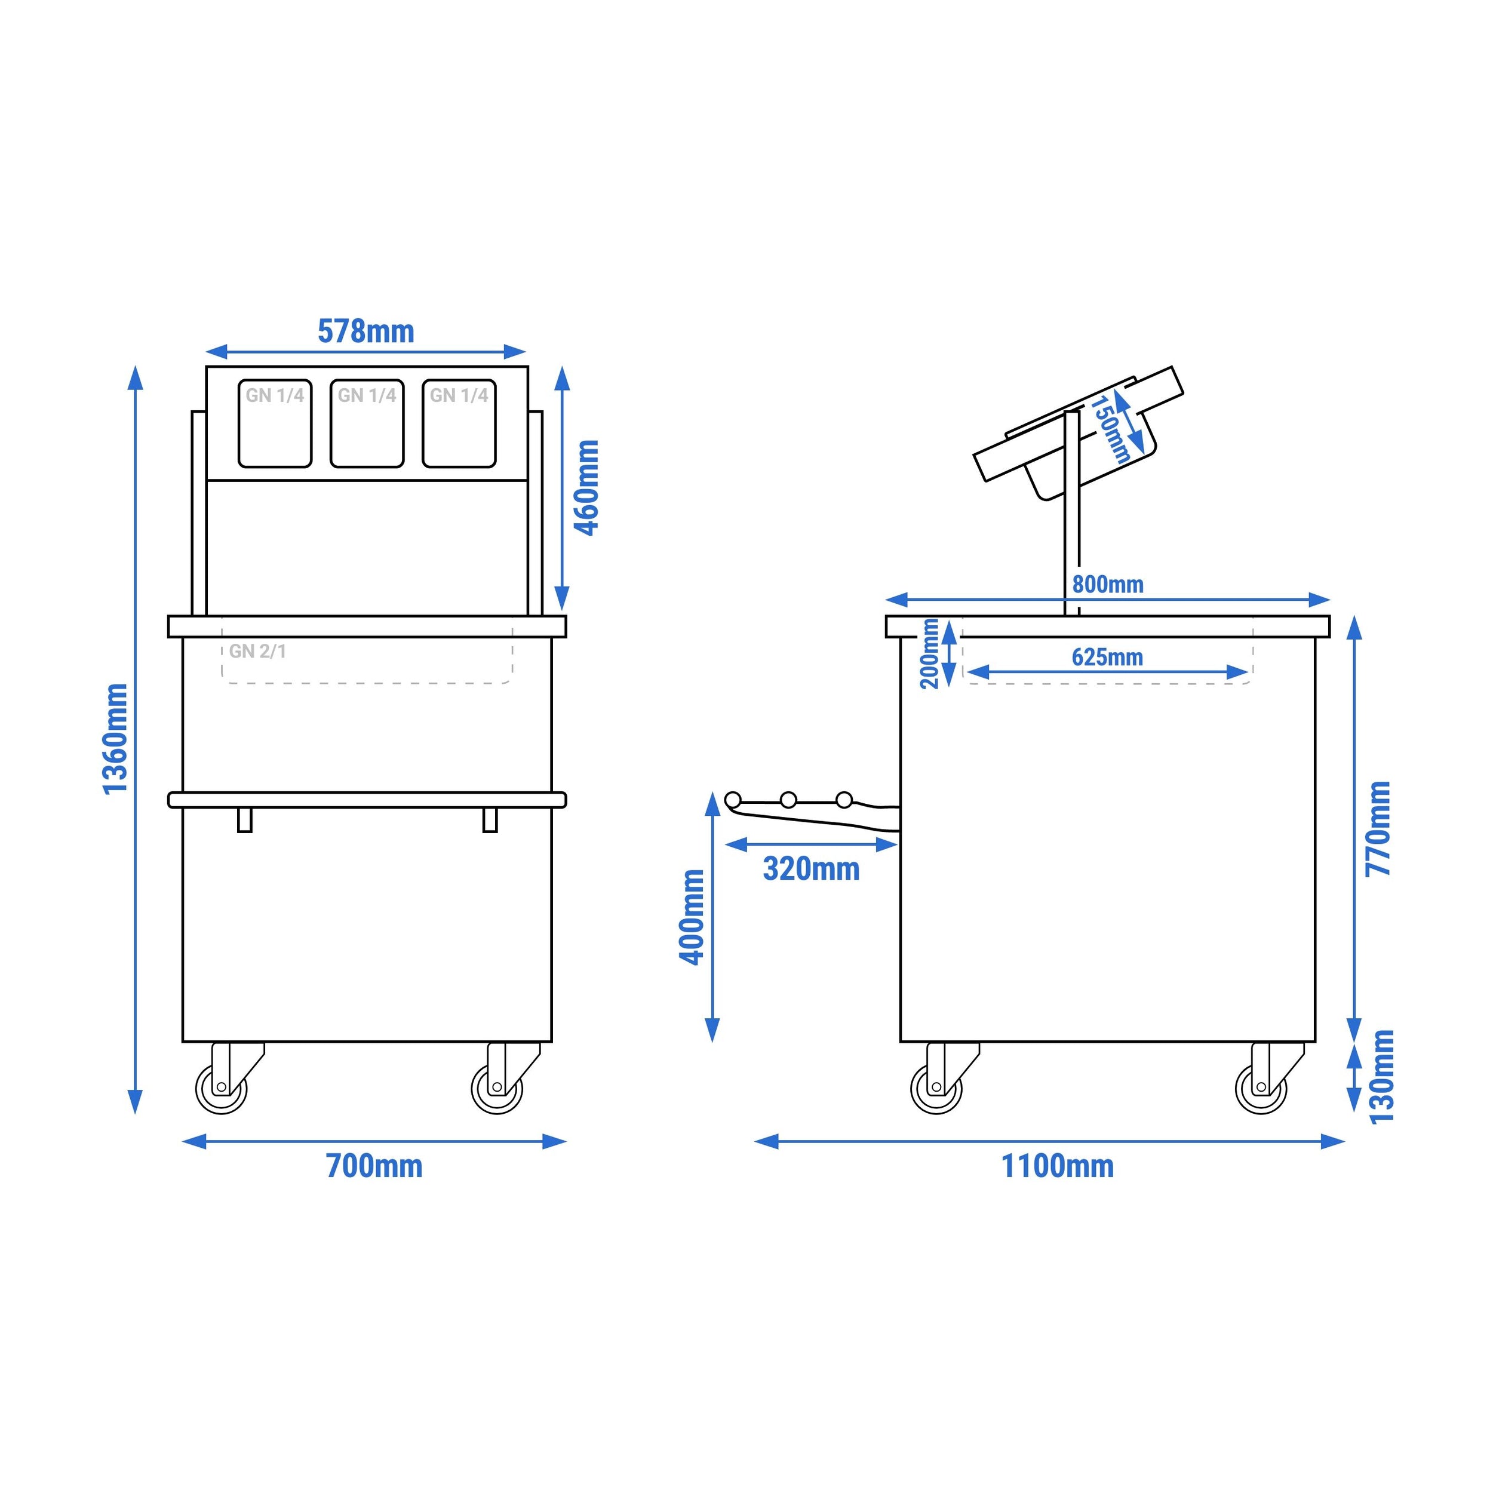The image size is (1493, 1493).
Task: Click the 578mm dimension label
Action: (x=365, y=331)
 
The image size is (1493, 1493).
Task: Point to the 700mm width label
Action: (x=374, y=1165)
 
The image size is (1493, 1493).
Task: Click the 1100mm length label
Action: (x=1057, y=1165)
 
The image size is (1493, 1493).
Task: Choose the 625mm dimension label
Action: (x=1107, y=657)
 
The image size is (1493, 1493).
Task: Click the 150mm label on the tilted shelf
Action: (x=1110, y=429)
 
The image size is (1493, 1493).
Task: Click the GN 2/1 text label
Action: (x=257, y=652)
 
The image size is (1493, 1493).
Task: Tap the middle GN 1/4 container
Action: (x=367, y=423)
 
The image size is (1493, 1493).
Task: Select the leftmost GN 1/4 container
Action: (x=275, y=423)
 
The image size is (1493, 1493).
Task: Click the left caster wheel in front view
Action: (x=222, y=1088)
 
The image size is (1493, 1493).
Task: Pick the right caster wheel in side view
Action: (x=1261, y=1088)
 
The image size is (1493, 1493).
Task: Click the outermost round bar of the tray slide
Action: (x=733, y=799)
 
